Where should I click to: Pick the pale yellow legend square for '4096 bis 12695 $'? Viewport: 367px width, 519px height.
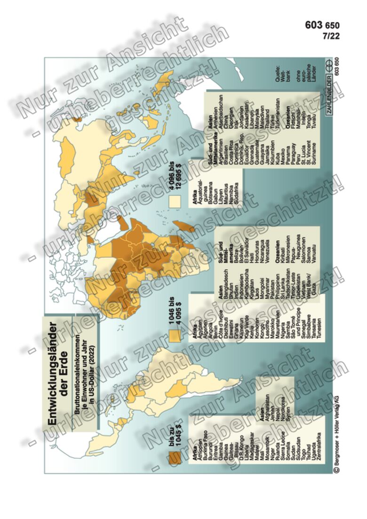coord(174,201)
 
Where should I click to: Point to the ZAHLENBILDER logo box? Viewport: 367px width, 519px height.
coord(330,95)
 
